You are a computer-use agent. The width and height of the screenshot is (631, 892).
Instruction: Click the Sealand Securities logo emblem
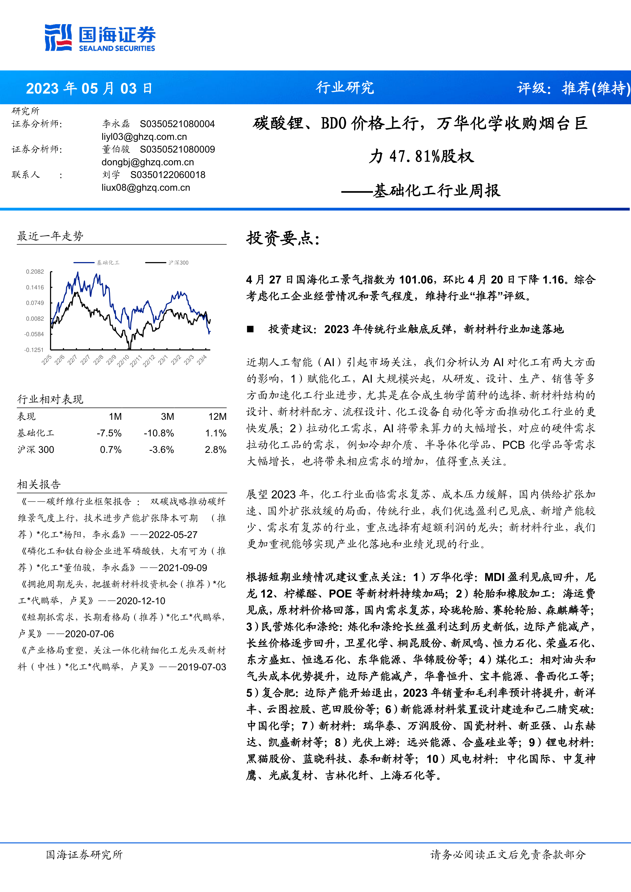[58, 37]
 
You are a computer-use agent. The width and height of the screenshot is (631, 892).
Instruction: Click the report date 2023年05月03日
[89, 88]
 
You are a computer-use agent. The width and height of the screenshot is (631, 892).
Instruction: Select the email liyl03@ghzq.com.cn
[144, 137]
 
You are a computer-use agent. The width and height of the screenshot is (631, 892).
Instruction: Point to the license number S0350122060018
[168, 175]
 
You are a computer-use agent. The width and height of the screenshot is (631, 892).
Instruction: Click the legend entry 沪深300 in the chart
[178, 263]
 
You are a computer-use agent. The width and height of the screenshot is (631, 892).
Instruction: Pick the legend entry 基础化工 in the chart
[108, 263]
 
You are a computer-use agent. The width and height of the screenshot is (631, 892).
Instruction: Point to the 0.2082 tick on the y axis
[35, 272]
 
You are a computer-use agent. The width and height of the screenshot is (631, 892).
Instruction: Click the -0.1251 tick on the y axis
[34, 350]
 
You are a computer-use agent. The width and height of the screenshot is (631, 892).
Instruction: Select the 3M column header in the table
[167, 417]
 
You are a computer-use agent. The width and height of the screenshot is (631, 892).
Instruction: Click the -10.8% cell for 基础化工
[159, 433]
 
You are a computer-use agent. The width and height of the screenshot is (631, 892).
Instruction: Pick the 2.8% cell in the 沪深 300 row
[216, 450]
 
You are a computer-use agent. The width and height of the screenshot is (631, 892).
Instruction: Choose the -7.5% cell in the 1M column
[109, 433]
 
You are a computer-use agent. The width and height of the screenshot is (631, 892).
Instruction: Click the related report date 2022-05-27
[173, 534]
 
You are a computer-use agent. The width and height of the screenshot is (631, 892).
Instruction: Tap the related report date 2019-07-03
[202, 667]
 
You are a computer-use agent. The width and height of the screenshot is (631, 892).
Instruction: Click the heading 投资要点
[283, 238]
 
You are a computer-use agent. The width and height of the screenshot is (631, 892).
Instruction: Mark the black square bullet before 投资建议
[250, 329]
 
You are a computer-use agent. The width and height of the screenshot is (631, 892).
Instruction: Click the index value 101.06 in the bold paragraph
[415, 280]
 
